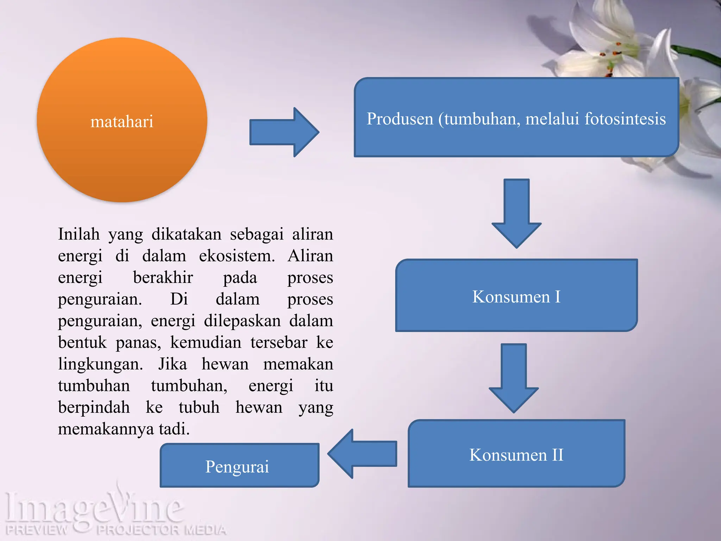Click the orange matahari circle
122,120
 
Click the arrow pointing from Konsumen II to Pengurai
363,454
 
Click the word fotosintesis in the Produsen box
625,119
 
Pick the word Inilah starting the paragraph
79,234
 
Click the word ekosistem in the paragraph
237,256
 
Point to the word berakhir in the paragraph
163,278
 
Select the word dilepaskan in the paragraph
242,321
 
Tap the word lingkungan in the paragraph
100,364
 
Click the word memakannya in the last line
106,429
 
